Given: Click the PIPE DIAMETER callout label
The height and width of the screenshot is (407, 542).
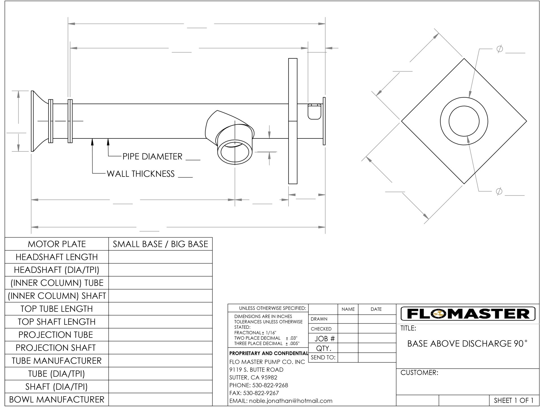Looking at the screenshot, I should pyautogui.click(x=152, y=156).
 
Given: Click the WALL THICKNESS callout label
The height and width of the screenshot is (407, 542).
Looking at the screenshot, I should pyautogui.click(x=141, y=174).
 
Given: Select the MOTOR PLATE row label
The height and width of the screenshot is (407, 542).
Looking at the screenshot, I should pyautogui.click(x=57, y=244).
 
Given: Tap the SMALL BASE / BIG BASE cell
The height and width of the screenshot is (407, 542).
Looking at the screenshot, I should pyautogui.click(x=160, y=244).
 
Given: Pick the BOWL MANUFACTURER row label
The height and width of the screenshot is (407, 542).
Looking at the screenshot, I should pyautogui.click(x=57, y=400).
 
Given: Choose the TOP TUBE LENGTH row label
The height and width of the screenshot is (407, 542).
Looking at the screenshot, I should pyautogui.click(x=57, y=309).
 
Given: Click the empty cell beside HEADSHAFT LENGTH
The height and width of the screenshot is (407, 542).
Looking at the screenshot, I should pyautogui.click(x=160, y=257).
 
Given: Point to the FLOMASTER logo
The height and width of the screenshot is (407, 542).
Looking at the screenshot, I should pyautogui.click(x=468, y=314).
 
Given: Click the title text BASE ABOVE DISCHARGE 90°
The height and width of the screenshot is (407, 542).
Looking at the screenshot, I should pyautogui.click(x=467, y=343).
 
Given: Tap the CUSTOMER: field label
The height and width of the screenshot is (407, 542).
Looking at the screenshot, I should pyautogui.click(x=419, y=373).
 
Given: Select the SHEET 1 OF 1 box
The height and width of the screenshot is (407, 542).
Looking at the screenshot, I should pyautogui.click(x=513, y=401).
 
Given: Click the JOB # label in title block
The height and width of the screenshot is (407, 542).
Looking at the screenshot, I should pyautogui.click(x=324, y=339).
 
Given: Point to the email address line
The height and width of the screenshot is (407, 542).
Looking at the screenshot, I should pyautogui.click(x=281, y=401).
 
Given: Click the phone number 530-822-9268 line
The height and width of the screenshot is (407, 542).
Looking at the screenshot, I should pyautogui.click(x=259, y=385).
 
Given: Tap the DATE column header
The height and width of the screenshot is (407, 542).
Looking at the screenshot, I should pyautogui.click(x=376, y=309).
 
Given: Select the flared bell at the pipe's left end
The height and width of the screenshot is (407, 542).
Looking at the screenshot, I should pyautogui.click(x=38, y=121).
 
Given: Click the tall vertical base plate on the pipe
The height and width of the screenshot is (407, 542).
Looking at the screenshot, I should pyautogui.click(x=293, y=121).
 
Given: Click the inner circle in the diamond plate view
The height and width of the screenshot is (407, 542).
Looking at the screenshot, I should pyautogui.click(x=464, y=121).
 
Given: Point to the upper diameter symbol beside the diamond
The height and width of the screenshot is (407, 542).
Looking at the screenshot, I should pyautogui.click(x=499, y=49).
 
